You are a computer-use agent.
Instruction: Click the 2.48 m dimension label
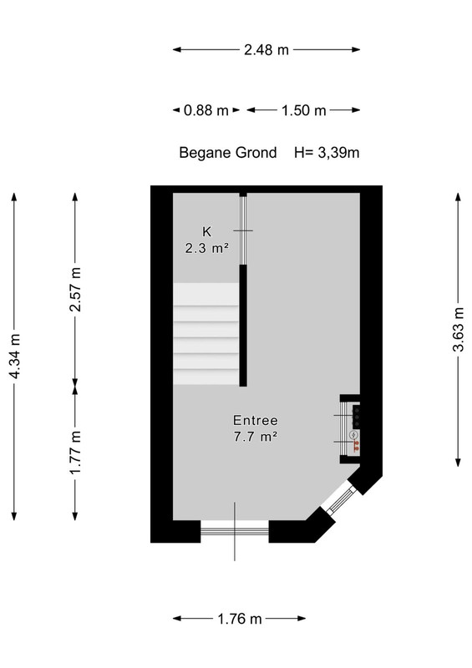(x=266, y=50)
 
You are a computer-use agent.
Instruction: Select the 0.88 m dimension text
(x=206, y=110)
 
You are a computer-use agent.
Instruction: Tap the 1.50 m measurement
(x=303, y=110)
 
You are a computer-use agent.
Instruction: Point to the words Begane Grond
(x=228, y=153)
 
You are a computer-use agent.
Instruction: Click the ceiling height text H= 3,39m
(x=327, y=153)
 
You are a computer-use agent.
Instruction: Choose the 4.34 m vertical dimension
(x=14, y=357)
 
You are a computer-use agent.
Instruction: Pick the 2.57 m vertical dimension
(x=75, y=290)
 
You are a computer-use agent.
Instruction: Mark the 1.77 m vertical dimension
(x=75, y=453)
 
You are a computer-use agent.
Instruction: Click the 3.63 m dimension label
(x=458, y=329)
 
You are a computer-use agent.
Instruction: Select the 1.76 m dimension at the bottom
(x=240, y=619)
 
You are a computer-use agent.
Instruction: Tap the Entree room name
(x=256, y=421)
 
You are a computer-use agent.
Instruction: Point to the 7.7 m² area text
(x=256, y=437)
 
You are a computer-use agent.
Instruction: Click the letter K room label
(x=207, y=232)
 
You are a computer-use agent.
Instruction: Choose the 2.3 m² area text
(x=207, y=248)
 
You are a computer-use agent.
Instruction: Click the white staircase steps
(x=206, y=334)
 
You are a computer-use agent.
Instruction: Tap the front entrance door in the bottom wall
(x=235, y=531)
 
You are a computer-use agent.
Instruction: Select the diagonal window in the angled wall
(x=338, y=498)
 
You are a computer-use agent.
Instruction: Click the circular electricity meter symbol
(x=353, y=435)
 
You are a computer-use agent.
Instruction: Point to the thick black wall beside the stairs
(x=243, y=326)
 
